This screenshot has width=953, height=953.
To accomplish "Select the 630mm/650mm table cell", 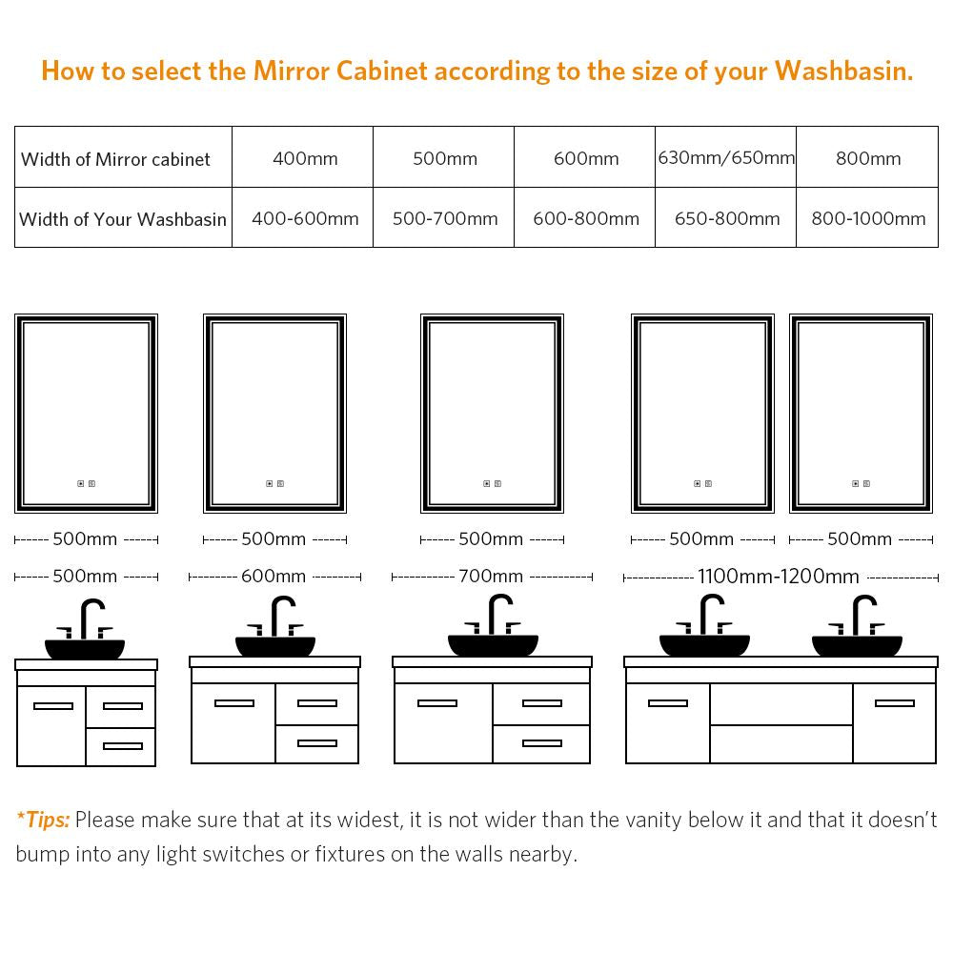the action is point(726,157).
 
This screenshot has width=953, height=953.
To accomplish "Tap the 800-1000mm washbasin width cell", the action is point(868,218).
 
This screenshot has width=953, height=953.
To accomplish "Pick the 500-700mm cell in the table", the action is point(445,218).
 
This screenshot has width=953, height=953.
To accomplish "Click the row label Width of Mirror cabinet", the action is point(115,159).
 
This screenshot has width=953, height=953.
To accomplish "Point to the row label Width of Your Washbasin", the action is point(123,219).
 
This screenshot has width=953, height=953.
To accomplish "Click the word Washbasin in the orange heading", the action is point(843,71).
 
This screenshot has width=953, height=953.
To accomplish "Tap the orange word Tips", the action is point(47,820).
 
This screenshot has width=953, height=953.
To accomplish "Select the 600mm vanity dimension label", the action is point(274,576).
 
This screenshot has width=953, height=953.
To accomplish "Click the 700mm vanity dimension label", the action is point(491,576).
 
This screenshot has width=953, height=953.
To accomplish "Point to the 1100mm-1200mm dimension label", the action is point(778,577).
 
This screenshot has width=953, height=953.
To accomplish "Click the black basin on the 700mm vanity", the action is point(493,645).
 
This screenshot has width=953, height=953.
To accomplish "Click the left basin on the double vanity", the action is point(704,645).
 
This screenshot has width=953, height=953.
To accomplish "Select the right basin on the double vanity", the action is point(857,645).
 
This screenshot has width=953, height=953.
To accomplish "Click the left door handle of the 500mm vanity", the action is point(53,705).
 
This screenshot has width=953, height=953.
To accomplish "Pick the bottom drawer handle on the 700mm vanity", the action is point(542,742).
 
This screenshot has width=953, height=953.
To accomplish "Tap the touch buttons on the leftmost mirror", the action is point(87,484).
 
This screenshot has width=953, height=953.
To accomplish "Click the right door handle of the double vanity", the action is point(895,703).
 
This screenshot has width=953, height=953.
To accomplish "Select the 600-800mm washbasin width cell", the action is point(586,218).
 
